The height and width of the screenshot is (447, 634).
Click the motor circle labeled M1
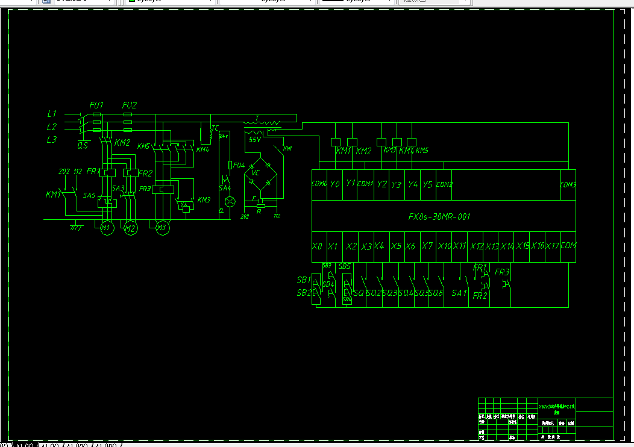107,228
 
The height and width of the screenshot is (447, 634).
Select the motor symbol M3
162,228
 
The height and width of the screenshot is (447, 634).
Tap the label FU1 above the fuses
96,105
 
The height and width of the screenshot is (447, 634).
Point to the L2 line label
52,127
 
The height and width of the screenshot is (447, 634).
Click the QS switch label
83,145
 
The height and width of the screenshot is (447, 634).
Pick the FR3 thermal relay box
163,189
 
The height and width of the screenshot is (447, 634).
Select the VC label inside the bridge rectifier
256,173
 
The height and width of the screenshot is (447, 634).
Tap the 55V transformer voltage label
254,139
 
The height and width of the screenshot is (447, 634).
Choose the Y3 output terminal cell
396,184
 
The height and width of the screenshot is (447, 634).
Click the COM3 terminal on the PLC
568,184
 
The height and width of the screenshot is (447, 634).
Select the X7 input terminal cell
427,246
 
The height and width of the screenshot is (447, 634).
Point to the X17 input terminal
552,246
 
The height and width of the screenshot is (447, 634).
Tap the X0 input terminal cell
318,246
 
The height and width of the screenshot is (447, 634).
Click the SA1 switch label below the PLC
459,293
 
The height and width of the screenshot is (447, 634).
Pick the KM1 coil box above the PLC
336,142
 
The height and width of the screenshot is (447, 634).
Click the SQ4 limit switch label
406,293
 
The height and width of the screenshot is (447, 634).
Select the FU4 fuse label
239,165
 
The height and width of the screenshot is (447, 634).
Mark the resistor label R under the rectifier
259,211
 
